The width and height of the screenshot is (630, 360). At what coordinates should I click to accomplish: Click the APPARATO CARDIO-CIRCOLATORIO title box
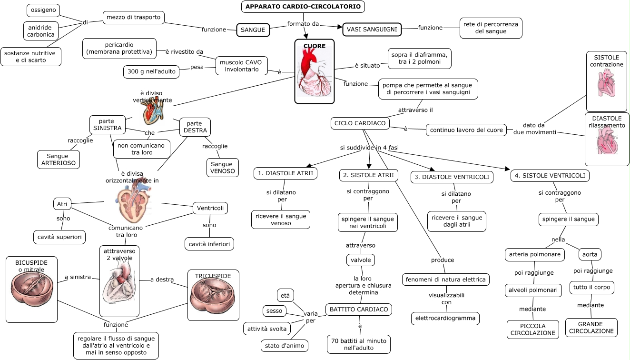[303, 7]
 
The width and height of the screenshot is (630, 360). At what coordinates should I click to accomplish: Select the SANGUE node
[253, 30]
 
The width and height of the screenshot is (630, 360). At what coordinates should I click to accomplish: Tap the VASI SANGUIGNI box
[372, 30]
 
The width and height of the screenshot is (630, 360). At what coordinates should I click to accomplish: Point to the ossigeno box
[43, 10]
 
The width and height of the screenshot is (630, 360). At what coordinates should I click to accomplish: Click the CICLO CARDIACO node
[360, 123]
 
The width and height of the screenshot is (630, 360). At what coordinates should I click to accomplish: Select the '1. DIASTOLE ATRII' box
[285, 173]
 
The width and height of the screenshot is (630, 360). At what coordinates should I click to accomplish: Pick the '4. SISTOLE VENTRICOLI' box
[550, 176]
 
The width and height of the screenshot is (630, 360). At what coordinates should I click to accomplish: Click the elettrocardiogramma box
[445, 318]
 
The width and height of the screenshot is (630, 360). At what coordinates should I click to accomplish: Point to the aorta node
[590, 255]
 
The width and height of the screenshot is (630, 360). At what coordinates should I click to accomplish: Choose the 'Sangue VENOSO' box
[222, 168]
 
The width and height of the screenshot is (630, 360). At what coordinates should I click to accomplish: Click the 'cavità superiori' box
[59, 237]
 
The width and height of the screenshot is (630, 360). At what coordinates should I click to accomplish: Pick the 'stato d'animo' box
[285, 346]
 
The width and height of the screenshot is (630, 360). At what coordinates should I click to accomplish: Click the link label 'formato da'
[303, 24]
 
